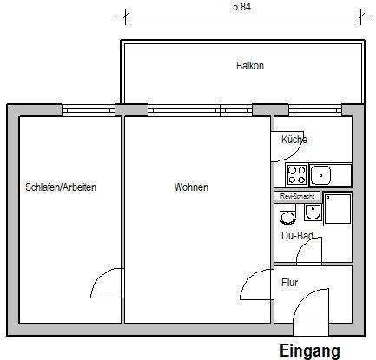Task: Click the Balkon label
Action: [249, 66]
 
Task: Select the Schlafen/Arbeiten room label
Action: [61, 187]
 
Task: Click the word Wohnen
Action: [191, 187]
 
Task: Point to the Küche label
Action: [294, 140]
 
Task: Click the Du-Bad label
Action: [297, 235]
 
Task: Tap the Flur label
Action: [289, 282]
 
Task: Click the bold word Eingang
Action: [308, 350]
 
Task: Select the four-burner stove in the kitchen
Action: [296, 175]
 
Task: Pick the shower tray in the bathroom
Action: [338, 210]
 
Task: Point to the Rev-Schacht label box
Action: [297, 197]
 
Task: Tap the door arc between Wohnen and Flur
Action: [255, 284]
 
